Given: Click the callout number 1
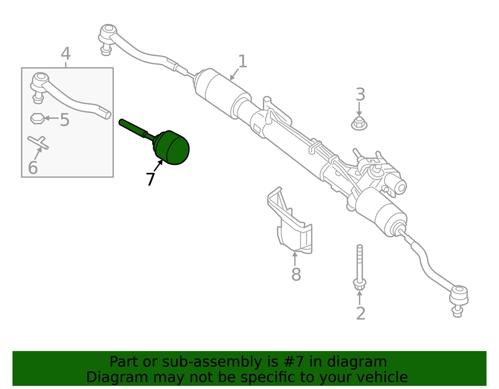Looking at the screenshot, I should coord(242,62).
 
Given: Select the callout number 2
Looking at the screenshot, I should coord(360,313).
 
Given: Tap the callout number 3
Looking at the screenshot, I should coord(360,95).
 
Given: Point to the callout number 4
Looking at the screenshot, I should coord(65,53).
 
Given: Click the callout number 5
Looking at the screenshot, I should coord(64,120).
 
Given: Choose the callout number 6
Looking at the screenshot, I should coord(33,168).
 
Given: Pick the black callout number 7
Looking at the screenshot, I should coord(150,179).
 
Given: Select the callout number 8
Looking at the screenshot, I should coord(296,275).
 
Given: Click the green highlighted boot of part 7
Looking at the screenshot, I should coord(172,147).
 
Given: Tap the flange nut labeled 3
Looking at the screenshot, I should coord(359,124).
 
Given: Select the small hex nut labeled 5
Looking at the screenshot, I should coord(36,118).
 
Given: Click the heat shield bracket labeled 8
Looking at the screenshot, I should coord(292,221).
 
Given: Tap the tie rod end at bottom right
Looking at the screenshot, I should coord(458,296).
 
